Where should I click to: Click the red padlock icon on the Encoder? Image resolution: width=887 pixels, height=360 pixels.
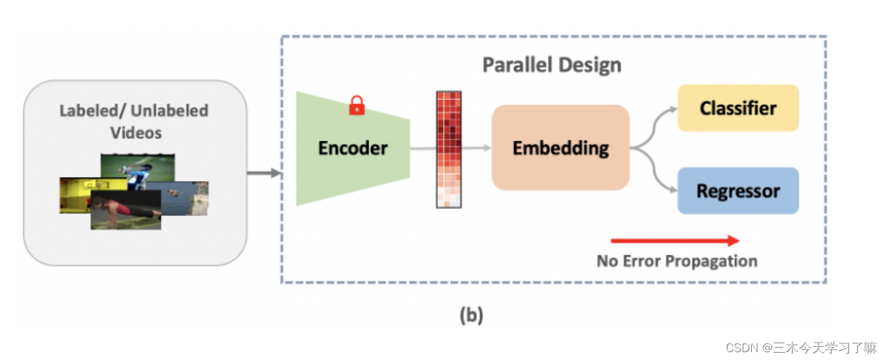coord(357,105)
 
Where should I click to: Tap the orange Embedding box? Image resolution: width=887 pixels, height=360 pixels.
coord(560,148)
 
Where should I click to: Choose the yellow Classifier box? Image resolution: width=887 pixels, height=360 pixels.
coord(737,108)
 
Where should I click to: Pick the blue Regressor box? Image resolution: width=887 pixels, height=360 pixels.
coord(737,191)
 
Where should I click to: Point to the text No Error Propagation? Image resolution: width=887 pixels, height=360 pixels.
coord(677,261)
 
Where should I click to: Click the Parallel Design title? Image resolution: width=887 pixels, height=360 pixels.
coord(551,65)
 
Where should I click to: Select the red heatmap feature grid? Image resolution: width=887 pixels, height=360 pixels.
coord(449,149)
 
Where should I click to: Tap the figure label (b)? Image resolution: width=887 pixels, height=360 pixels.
coord(471,316)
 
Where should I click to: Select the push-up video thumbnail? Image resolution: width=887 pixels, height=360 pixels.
coord(125,210)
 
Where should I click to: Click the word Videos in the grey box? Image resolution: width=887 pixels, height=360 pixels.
coord(135,133)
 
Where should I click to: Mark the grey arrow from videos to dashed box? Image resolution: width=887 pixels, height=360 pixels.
coord(264,173)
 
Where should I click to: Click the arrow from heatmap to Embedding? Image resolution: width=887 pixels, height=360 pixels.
coord(476,148)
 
